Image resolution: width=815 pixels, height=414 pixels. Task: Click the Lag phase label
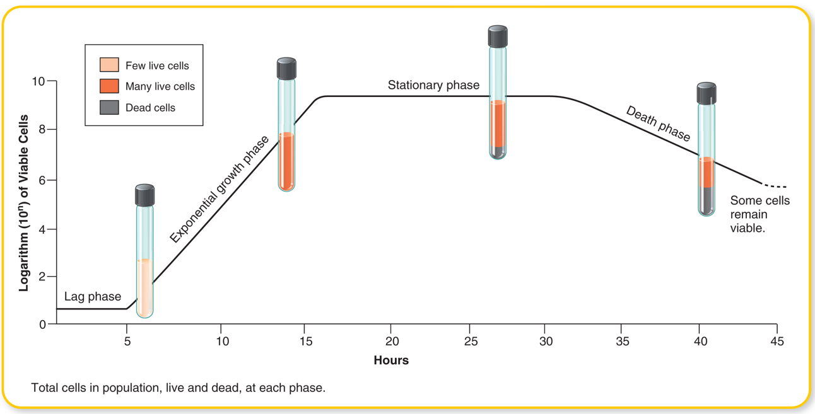93,297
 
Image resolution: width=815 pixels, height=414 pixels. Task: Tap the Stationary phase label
433,85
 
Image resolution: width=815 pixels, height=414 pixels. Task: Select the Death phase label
658,124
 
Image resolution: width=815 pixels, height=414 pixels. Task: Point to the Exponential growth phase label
219,189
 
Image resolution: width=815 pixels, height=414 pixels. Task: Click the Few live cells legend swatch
109,65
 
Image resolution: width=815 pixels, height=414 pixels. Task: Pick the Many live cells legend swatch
109,86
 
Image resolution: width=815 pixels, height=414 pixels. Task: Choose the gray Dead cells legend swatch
109,107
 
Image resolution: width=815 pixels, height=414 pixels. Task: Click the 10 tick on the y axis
38,81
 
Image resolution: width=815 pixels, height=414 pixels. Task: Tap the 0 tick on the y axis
42,325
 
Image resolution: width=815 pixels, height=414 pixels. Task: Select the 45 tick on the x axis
777,341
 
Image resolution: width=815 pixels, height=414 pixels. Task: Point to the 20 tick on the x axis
391,341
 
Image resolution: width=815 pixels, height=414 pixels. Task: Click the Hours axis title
391,360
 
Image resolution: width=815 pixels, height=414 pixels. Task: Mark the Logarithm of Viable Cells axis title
24,202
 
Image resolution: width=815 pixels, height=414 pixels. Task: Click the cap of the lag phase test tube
144,195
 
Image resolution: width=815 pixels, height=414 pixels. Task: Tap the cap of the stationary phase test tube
498,36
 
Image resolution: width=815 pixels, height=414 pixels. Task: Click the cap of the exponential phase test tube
286,68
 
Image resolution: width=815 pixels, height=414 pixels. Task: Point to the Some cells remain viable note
759,214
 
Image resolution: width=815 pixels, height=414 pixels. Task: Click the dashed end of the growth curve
775,187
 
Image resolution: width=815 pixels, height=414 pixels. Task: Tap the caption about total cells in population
179,388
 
